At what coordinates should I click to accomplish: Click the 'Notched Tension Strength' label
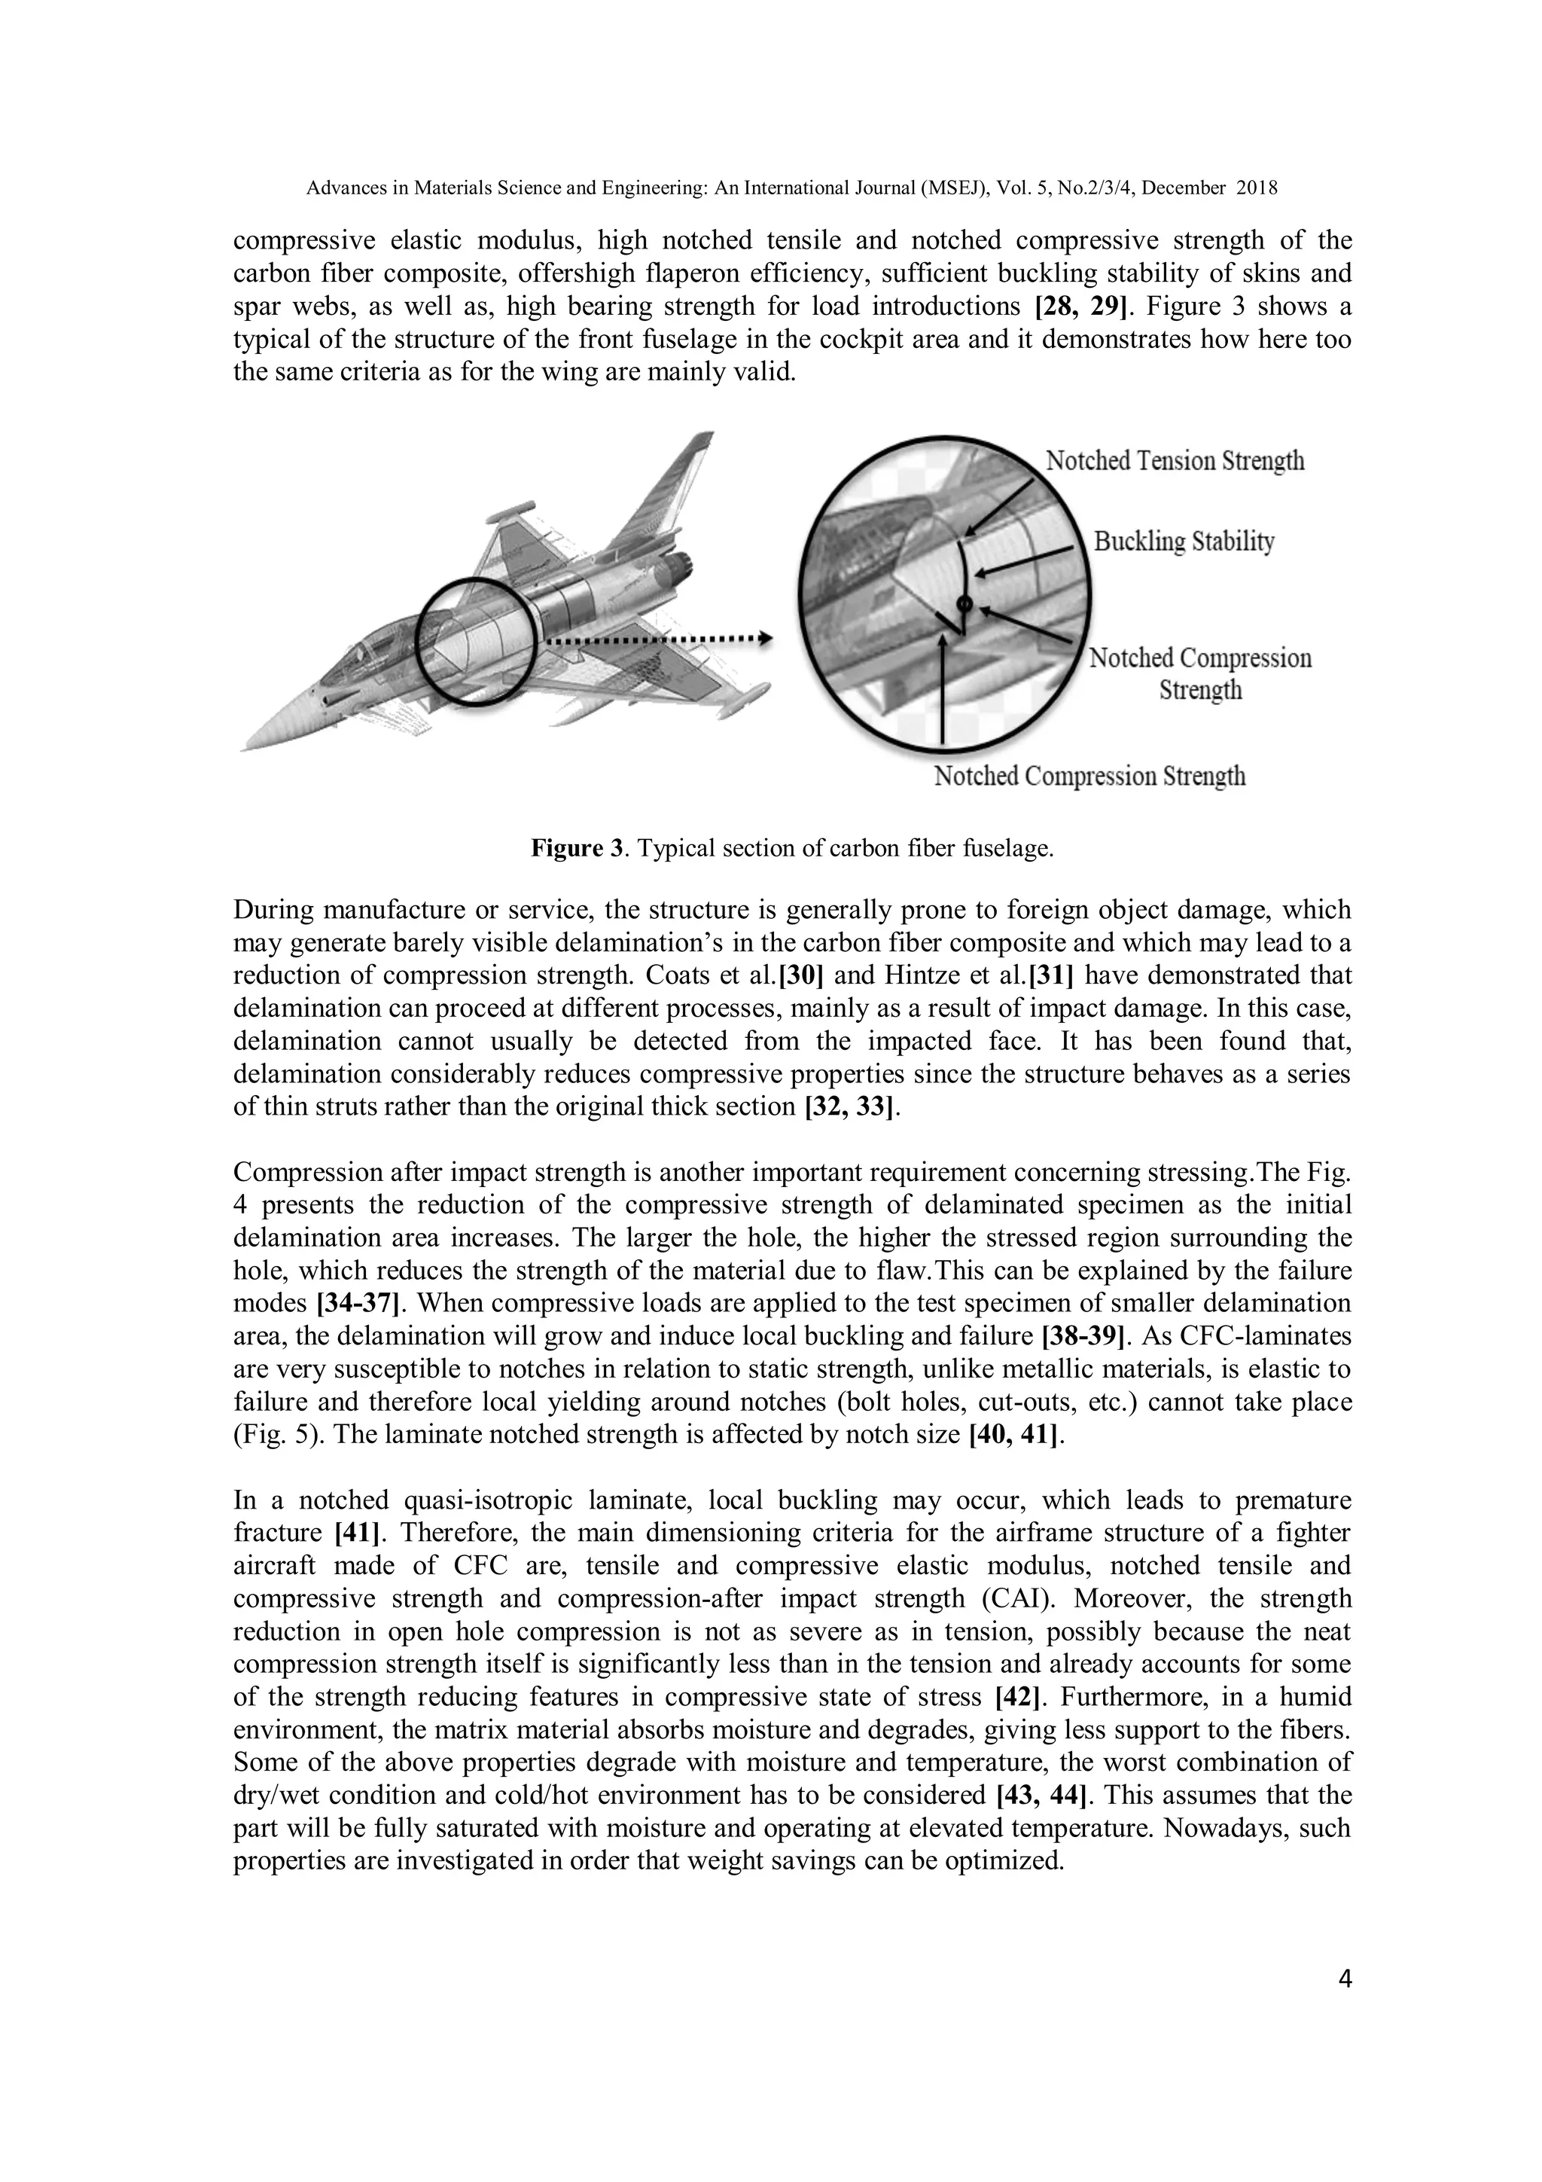[x=1175, y=462]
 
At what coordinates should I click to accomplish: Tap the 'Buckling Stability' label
[x=1184, y=542]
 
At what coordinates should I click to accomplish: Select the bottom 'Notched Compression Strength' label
[x=1089, y=777]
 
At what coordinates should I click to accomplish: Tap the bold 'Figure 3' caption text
[x=577, y=849]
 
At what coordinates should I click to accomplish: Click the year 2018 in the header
[x=1256, y=188]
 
